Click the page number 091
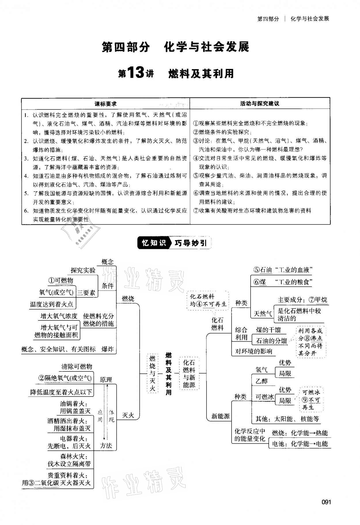coord(326,502)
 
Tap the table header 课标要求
coord(106,104)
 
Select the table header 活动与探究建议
coord(260,104)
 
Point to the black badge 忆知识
coord(154,243)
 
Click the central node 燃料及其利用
coord(168,373)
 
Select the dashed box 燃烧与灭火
coord(152,373)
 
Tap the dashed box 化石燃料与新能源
coord(189,373)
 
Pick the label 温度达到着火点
coord(52,304)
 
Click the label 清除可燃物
coord(77,366)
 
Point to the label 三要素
coord(86,292)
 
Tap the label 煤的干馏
coord(268,330)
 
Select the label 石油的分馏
coord(272,341)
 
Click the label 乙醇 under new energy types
coord(262,381)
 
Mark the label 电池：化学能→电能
coord(300,444)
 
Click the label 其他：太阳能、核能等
coord(287,419)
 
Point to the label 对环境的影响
coord(254,351)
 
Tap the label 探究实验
coord(83,270)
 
